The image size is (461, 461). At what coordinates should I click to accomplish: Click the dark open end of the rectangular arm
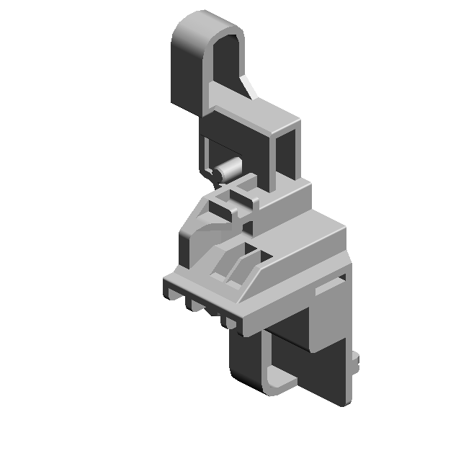[287, 155]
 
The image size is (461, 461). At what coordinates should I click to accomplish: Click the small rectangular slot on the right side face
[330, 287]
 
